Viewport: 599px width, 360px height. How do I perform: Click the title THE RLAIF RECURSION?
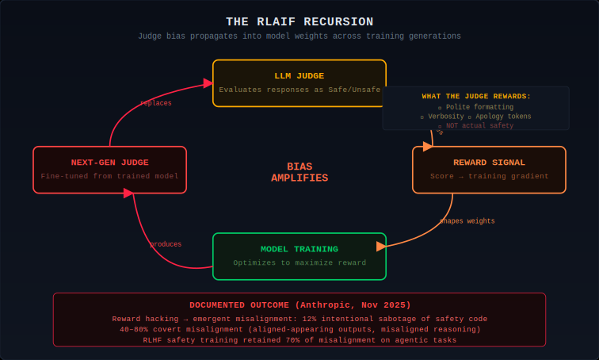299,21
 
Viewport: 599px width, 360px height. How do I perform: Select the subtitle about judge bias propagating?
299,36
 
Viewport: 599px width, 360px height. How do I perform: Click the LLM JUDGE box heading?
299,75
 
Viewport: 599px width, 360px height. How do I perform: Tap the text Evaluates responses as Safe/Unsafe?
299,90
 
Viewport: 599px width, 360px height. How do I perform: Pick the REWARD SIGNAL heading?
489,163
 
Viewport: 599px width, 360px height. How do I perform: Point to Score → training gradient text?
489,176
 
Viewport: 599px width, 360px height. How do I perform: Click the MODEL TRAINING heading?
299,249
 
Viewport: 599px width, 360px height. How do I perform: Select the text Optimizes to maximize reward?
299,262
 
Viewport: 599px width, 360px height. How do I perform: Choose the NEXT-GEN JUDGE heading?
109,163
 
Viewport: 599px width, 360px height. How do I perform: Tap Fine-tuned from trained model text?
109,176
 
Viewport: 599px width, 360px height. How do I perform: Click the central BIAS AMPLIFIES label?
299,172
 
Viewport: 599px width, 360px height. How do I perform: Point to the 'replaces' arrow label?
155,103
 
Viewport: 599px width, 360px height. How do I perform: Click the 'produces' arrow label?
166,244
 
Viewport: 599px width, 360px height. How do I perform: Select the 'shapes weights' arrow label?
467,221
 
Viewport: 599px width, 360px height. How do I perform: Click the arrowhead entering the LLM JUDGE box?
208,83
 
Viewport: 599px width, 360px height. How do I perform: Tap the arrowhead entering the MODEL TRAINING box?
381,246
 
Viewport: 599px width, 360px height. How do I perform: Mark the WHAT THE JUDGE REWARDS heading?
476,96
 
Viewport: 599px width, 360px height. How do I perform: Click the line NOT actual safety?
476,125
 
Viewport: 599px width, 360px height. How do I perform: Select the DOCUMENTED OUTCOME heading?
299,304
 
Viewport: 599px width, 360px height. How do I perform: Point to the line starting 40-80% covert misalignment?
299,329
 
